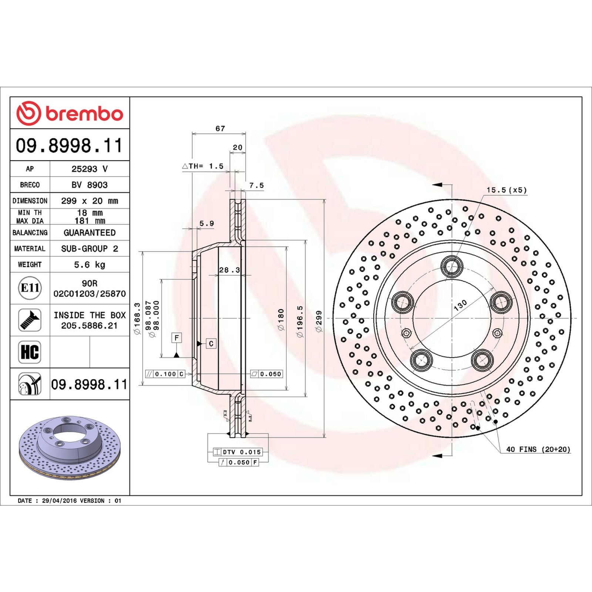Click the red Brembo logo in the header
[x=70, y=113]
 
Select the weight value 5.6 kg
[x=90, y=265]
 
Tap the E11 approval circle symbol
[x=30, y=288]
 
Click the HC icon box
[x=30, y=352]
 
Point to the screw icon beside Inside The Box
[x=30, y=320]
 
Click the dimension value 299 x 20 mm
[x=90, y=201]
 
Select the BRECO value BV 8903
[x=90, y=185]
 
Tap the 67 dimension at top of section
[x=220, y=128]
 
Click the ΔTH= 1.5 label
[x=203, y=166]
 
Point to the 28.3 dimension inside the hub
[x=229, y=270]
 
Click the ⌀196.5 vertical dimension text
[x=300, y=321]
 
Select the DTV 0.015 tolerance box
[x=241, y=452]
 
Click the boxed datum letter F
[x=177, y=337]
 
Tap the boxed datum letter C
[x=211, y=344]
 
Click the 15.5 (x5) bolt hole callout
[x=506, y=190]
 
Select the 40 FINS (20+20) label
[x=538, y=449]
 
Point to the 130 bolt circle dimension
[x=460, y=305]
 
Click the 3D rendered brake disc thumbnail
[x=70, y=448]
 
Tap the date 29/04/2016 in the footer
[x=60, y=501]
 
